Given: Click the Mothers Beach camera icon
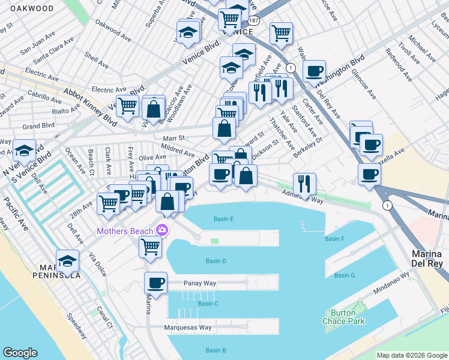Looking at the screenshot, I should [161, 230].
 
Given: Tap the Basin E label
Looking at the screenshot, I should [223, 219].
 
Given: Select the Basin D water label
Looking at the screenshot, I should [215, 261].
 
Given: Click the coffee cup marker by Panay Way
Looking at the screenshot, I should [156, 283].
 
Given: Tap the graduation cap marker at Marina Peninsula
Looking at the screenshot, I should [68, 261].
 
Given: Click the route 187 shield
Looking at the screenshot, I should [255, 20].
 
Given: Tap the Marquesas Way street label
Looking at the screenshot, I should [188, 328].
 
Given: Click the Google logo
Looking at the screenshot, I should [20, 353].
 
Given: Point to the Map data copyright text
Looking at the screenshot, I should [412, 355].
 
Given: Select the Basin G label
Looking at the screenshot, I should [345, 275].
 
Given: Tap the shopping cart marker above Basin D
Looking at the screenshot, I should [150, 246].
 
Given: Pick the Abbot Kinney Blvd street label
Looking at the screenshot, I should [89, 104].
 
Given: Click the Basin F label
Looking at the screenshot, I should [334, 239].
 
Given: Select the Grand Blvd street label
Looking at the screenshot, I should [39, 126].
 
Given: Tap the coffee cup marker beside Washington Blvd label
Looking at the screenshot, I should [314, 71].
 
